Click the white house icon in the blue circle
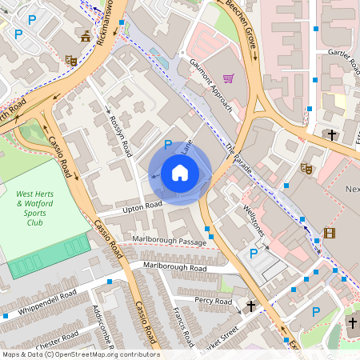[179, 172]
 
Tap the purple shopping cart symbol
[229, 78]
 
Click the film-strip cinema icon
[330, 234]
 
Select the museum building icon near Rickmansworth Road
[86, 36]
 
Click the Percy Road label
[213, 301]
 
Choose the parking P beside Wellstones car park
[254, 254]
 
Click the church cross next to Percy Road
[251, 306]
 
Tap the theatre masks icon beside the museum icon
[70, 59]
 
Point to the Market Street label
[220, 336]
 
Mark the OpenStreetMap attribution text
[80, 354]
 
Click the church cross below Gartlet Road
[332, 134]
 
